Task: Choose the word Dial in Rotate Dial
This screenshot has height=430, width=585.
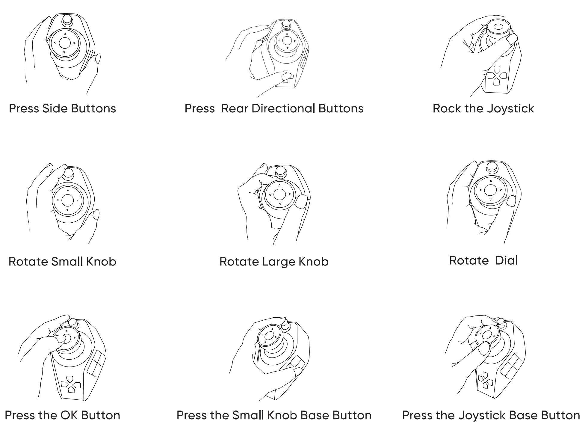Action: pos(506,260)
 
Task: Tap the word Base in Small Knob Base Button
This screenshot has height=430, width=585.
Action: pos(315,415)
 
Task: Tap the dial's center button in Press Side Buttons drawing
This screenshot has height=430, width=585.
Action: pos(65,43)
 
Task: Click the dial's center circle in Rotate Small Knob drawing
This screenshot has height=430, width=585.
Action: pos(67,200)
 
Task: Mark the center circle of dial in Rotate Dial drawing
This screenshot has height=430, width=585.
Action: pos(490,190)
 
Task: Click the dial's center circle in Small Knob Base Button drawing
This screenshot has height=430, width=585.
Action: pos(269,336)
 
